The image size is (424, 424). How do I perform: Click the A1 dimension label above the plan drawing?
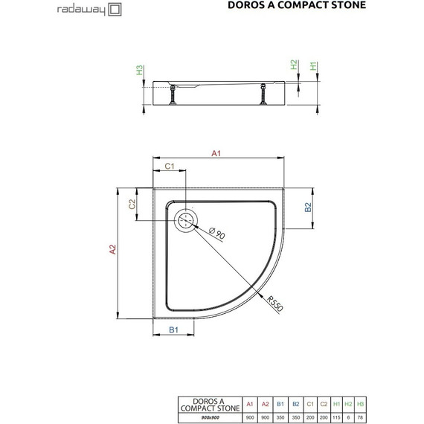217,154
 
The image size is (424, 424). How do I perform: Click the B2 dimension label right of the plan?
307,208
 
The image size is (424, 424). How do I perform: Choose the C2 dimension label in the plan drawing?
132,205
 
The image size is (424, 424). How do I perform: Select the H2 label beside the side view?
294,65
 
